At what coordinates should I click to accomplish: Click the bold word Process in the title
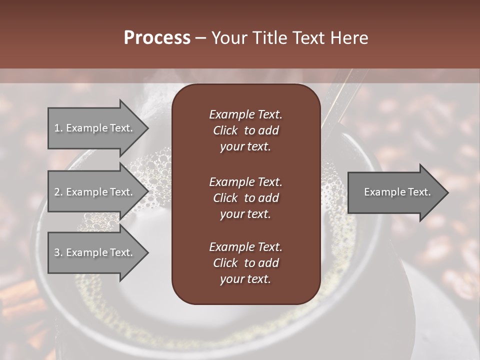point(157,38)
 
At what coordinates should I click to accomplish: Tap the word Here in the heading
point(349,38)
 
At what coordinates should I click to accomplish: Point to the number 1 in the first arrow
point(56,128)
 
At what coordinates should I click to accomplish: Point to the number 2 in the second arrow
point(57,192)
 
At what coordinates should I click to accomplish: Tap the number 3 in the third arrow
point(57,252)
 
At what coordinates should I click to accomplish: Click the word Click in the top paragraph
point(225,130)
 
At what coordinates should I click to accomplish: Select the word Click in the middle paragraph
point(225,198)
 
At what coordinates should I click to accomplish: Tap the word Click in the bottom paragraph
point(225,263)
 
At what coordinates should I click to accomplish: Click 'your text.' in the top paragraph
point(245,147)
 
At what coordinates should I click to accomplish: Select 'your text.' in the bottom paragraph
point(245,279)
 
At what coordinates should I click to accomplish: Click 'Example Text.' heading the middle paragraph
point(245,181)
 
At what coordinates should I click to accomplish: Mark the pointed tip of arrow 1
point(147,128)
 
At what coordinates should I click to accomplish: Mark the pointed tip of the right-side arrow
point(447,192)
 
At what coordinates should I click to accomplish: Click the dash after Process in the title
point(200,38)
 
